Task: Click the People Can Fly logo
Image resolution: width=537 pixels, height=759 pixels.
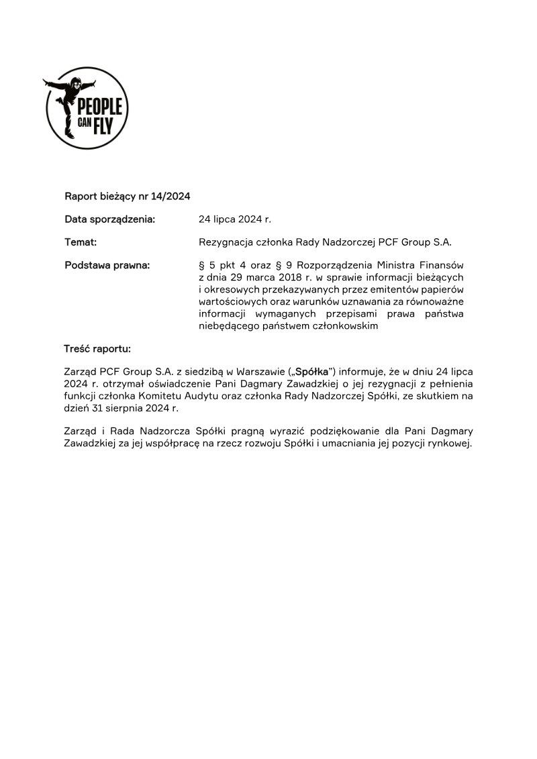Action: click(86, 108)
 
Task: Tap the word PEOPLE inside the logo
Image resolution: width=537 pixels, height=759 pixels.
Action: click(100, 106)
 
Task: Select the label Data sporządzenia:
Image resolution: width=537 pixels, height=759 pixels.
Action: click(110, 219)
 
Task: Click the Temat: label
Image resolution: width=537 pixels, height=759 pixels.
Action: click(81, 242)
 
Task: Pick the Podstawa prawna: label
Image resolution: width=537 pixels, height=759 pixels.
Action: click(107, 265)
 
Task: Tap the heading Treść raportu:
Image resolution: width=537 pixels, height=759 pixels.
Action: click(97, 349)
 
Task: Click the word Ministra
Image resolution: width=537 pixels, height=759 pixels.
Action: click(389, 265)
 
